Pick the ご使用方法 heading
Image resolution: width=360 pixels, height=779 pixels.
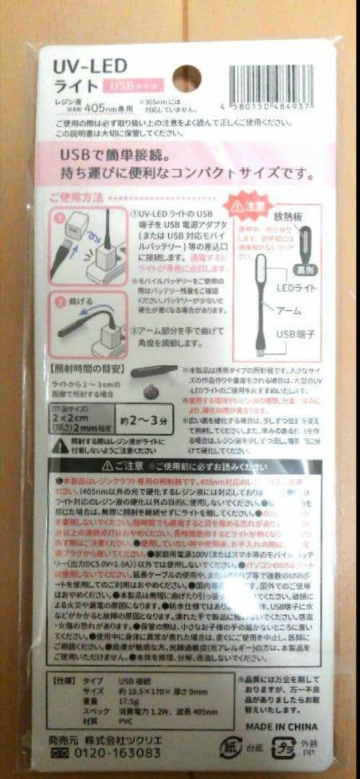point(78,196)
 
